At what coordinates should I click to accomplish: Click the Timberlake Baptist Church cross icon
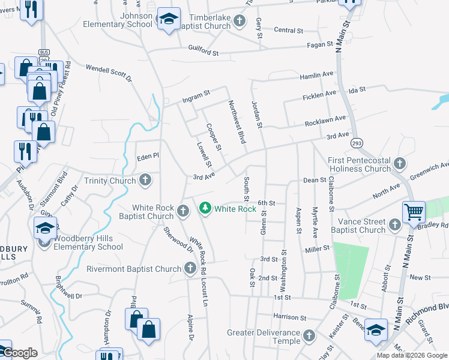coord(240,22)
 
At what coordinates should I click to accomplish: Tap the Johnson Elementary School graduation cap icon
coord(169,19)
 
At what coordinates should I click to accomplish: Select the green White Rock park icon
coord(206,208)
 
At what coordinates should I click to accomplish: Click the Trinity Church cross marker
coord(145,180)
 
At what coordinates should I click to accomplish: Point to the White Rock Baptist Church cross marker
coord(184,210)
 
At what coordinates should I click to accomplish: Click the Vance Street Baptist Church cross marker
coord(394,225)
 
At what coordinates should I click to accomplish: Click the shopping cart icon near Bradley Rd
coord(414,212)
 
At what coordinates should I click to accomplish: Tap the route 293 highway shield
coord(357,143)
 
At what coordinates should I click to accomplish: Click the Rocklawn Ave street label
coord(325,121)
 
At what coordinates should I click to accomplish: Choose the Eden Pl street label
coord(147,155)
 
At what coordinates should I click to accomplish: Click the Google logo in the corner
coord(19,352)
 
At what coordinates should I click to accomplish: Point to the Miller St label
coord(318,248)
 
